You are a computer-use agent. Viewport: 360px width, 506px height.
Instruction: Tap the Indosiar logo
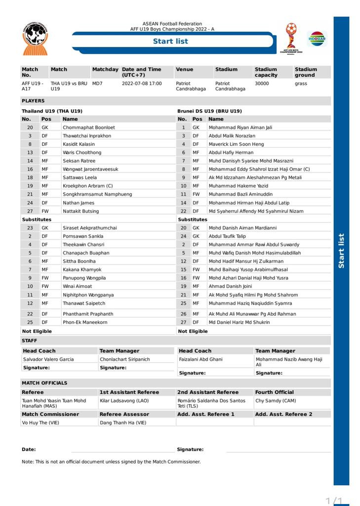(317, 38)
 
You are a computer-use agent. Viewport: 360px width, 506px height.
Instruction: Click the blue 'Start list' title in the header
(170, 42)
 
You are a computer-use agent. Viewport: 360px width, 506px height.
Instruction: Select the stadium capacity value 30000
(262, 84)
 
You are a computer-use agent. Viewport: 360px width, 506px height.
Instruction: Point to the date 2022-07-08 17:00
(141, 84)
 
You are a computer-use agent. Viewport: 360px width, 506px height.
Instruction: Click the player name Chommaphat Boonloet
(88, 127)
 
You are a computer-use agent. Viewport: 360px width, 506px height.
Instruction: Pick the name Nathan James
(78, 203)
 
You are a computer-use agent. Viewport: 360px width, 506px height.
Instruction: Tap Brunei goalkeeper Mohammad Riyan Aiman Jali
(240, 127)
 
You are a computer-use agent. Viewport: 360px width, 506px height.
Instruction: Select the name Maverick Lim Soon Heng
(236, 144)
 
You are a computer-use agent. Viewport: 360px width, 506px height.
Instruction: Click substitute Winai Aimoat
(78, 286)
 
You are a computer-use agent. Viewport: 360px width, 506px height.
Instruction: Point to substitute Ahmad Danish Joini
(230, 286)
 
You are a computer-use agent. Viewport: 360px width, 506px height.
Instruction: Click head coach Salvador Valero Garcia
(48, 359)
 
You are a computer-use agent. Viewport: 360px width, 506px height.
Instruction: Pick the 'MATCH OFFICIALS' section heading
(44, 383)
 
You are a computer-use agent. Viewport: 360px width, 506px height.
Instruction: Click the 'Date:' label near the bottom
(29, 450)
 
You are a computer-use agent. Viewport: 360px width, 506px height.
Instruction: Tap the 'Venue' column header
(184, 70)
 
